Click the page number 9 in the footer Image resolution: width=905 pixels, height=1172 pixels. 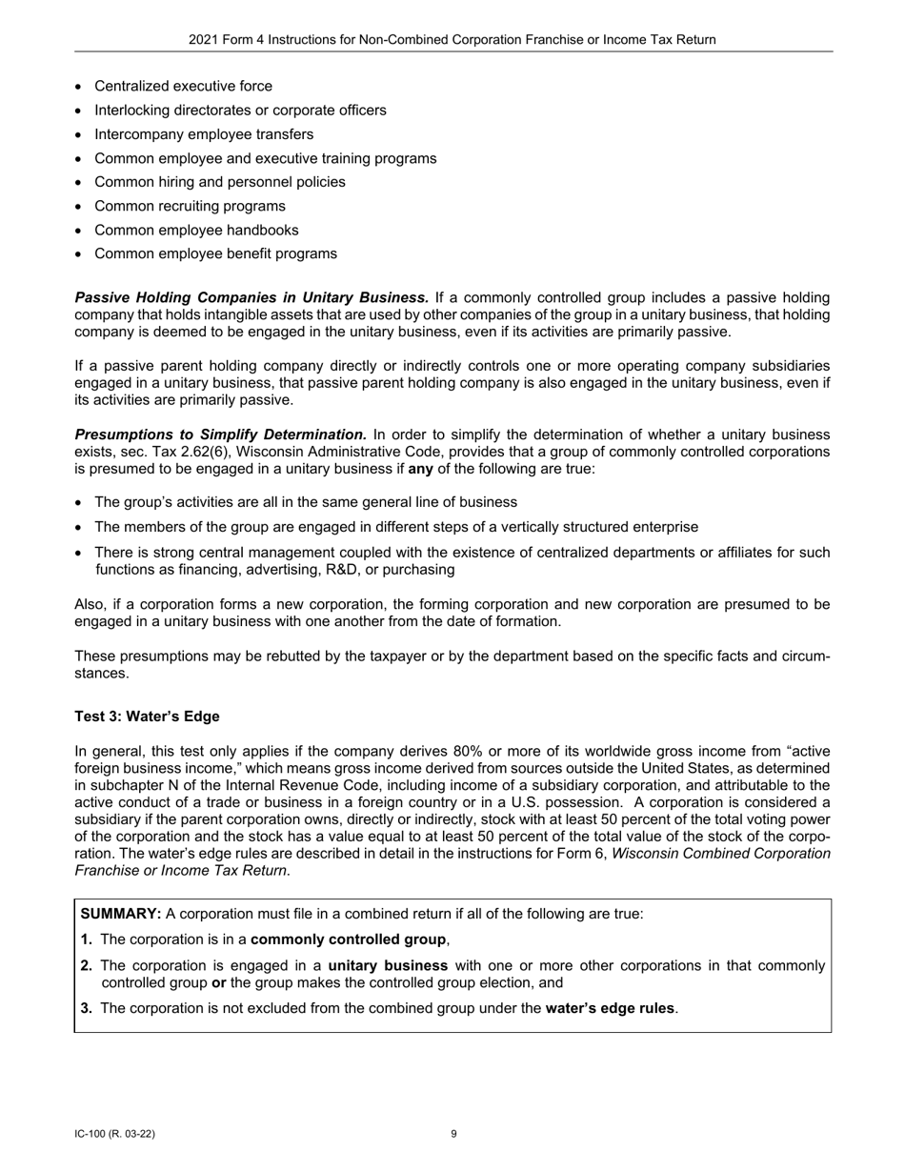click(453, 1134)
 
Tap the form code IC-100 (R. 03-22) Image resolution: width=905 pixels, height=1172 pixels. click(115, 1134)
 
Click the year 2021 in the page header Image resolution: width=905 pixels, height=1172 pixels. click(204, 40)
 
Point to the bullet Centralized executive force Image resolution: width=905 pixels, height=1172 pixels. click(183, 86)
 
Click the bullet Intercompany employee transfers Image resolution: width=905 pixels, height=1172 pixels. click(204, 134)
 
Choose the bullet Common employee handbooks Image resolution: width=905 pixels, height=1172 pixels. click(196, 230)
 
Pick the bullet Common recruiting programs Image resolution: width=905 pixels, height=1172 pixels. click(190, 206)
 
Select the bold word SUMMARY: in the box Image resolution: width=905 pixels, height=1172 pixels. click(121, 914)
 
